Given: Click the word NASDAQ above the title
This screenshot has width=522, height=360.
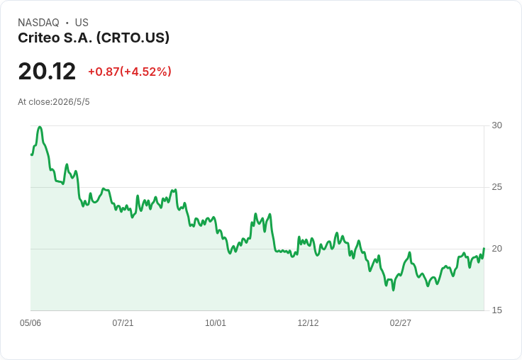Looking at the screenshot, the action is point(38,23).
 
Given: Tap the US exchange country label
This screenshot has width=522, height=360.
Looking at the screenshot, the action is point(82,23).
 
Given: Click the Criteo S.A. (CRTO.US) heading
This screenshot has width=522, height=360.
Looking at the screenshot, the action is point(94,38).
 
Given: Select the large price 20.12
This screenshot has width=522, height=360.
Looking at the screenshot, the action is point(47,71).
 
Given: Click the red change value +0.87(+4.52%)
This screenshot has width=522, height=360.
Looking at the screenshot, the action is point(130,72).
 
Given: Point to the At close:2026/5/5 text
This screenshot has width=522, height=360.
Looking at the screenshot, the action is point(54,102).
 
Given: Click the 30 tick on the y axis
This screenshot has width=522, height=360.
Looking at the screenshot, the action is point(496,125).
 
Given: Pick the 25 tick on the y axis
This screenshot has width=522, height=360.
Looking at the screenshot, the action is point(496,187).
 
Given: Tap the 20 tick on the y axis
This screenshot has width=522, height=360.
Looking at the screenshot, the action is point(496,249).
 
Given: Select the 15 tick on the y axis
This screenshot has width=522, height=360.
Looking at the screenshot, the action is point(496,310).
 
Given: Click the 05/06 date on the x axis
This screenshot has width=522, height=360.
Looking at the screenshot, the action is point(30,322).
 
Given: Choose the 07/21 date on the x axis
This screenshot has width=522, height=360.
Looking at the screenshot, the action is point(123,322).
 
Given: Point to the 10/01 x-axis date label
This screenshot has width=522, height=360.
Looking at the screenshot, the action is point(216,322).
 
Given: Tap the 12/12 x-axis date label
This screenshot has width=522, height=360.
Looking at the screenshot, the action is point(308,322).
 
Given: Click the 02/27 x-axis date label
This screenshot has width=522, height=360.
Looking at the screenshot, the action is point(401,322).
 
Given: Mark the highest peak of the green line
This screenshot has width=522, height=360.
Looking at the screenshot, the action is point(40,127).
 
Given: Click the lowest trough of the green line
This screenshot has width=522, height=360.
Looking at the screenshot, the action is point(394,290).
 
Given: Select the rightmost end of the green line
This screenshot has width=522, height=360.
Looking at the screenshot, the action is point(484,248).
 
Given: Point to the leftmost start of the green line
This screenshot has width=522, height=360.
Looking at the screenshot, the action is point(32,154).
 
